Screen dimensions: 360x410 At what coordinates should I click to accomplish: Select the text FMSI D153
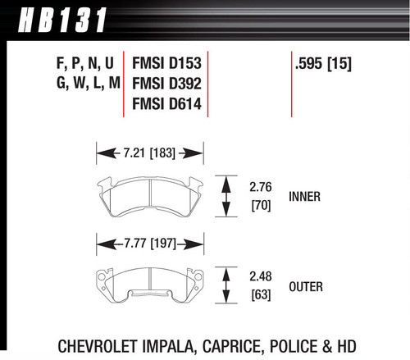169,62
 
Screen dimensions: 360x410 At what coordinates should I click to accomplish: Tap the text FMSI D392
169,84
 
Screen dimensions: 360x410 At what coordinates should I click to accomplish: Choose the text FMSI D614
169,105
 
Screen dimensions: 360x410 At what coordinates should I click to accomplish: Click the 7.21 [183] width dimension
150,152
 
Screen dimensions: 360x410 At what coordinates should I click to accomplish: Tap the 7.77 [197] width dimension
150,242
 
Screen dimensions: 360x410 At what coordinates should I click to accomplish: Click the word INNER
304,197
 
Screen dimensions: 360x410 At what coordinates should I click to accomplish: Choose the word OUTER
305,287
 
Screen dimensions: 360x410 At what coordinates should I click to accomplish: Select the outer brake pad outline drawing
150,285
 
